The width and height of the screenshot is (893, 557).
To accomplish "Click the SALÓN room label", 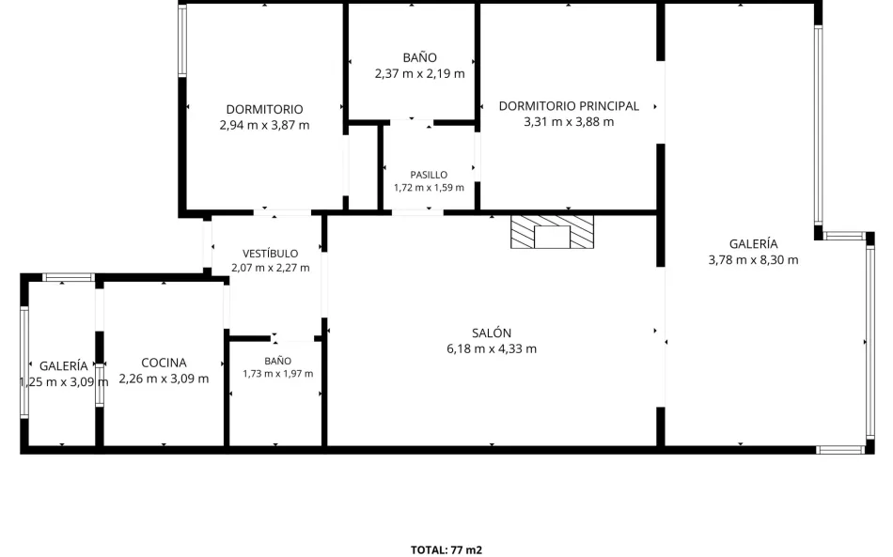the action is point(492,333).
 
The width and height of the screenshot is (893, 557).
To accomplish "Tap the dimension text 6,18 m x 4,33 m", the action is point(492,348).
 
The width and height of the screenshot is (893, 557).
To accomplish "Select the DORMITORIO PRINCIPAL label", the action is point(569,106).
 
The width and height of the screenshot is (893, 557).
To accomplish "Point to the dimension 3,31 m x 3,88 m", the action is point(569,122).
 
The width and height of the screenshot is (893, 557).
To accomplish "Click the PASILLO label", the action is point(429,175).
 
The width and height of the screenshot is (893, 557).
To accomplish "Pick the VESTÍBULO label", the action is point(271,254).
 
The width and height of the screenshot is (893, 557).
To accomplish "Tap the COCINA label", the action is point(164,363).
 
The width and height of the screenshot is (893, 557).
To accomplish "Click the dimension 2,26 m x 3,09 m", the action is point(164,379).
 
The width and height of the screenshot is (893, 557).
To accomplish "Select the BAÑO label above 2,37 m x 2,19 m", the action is point(420,57).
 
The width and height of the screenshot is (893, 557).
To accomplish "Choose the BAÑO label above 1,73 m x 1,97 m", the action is point(278,361).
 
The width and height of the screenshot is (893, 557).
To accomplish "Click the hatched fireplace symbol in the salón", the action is point(552,232).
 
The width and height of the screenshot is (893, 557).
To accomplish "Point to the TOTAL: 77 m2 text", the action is point(446,549).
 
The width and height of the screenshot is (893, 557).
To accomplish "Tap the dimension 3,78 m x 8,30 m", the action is point(754,260).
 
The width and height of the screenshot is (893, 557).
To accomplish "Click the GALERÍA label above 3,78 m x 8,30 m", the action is point(754,244).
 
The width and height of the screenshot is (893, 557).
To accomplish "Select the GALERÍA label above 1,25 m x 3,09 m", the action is point(64,365).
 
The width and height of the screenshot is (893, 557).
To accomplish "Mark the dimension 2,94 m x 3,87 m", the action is point(265,125).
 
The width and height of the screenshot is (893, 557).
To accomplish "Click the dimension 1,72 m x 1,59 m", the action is point(429,187).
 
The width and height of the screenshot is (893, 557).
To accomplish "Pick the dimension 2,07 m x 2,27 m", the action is point(271,268).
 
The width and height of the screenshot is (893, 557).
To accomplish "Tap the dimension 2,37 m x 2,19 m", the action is point(420,73).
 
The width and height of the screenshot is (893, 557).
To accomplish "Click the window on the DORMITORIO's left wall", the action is point(182,40).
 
